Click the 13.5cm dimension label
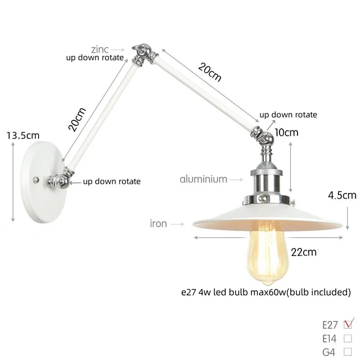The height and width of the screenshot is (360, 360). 23,135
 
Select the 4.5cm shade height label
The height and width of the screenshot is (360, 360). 342,195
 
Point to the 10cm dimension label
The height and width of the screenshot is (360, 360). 287,132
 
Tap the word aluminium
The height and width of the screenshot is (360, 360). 203,179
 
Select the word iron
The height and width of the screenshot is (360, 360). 158,223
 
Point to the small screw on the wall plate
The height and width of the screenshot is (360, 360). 35,179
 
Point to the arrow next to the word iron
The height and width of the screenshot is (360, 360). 178,223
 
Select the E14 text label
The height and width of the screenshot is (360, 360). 330,338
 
